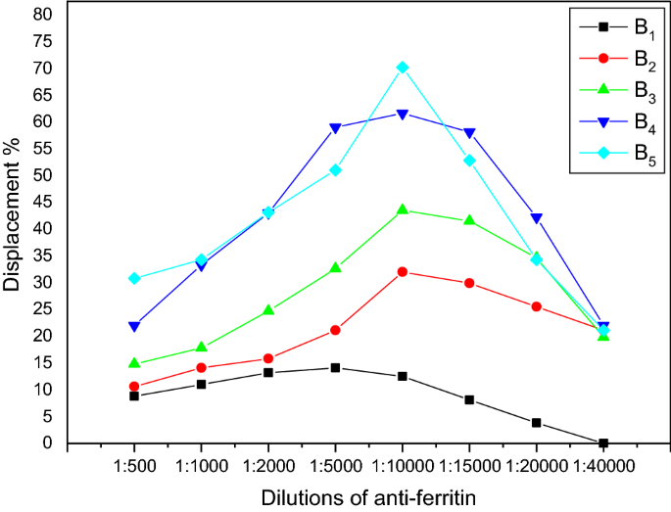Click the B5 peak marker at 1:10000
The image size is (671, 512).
tap(403, 68)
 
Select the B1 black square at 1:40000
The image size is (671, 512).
tap(603, 443)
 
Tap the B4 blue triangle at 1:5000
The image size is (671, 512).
tap(335, 128)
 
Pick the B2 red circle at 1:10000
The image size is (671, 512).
tap(403, 272)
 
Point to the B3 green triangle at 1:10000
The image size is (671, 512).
tap(403, 209)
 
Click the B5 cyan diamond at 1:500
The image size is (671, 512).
tap(134, 279)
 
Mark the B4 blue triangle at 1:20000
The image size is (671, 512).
tap(537, 218)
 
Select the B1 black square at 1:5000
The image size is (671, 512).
tap(335, 368)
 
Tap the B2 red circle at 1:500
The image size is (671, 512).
tap(134, 387)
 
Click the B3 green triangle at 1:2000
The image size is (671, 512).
tap(268, 310)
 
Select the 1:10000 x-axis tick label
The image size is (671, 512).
tap(403, 468)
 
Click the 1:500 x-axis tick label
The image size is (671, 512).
tap(134, 468)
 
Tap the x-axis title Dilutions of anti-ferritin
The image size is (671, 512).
tap(368, 497)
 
